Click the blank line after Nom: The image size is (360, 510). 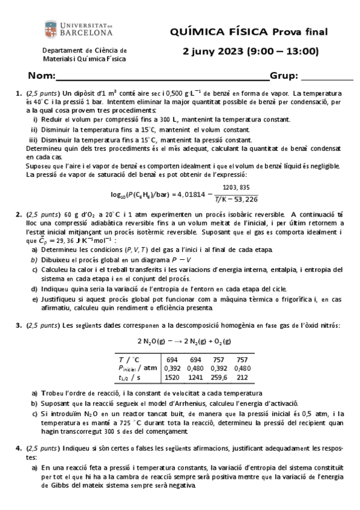click(x=162, y=76)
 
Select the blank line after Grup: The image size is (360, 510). click(x=327, y=76)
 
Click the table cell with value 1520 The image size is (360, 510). click(x=172, y=377)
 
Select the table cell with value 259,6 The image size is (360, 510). click(x=220, y=377)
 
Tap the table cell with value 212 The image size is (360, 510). click(x=243, y=377)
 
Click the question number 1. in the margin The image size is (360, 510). click(x=18, y=93)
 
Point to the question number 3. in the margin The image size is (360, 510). click(x=18, y=325)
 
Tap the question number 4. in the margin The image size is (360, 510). click(x=18, y=448)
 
